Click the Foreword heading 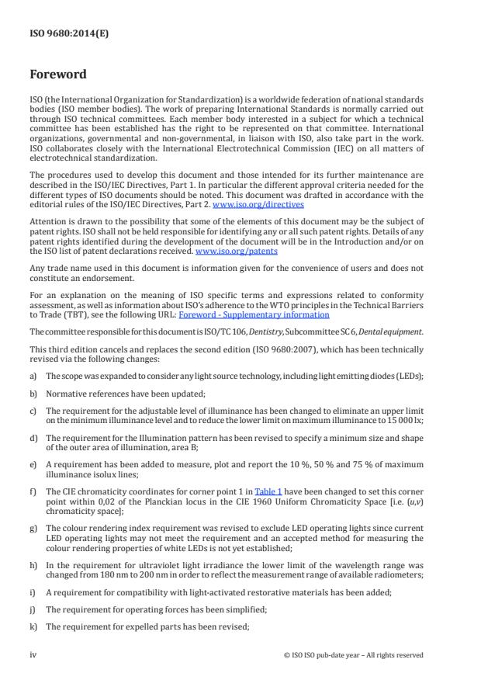[x=58, y=75]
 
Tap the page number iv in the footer [x=33, y=654]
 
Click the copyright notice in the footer [x=354, y=654]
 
